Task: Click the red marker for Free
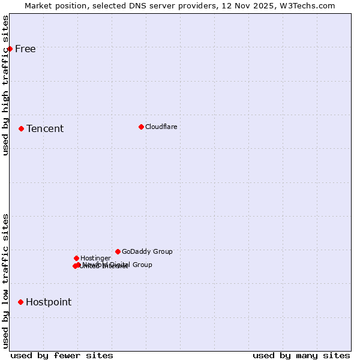tap(10, 49)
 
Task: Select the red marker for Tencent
tap(21, 128)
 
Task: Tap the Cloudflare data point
tap(141, 127)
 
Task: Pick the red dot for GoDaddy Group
tap(118, 251)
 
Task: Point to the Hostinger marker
tap(76, 258)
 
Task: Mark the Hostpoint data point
tap(20, 302)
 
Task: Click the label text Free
tap(25, 49)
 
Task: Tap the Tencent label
tap(45, 129)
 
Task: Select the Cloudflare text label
tap(161, 127)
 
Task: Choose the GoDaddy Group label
tap(147, 252)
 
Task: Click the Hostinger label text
tap(95, 259)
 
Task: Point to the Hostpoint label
tap(49, 302)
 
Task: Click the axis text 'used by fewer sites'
tap(62, 355)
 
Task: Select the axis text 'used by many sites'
tap(301, 355)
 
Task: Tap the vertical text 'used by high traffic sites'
tap(6, 85)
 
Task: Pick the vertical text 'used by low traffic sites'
tap(6, 281)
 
